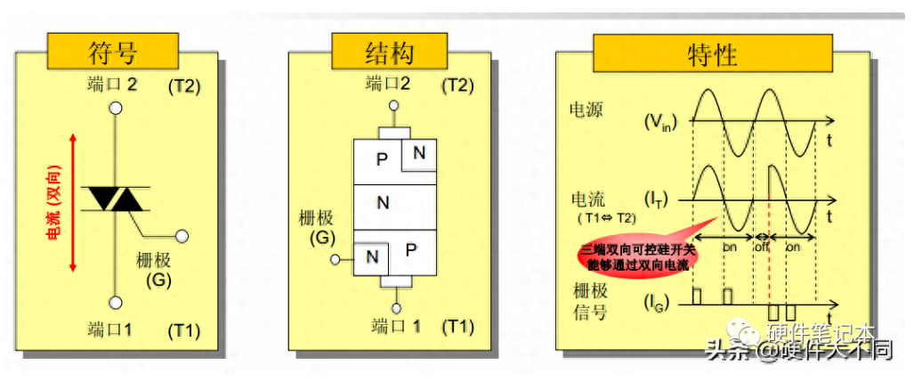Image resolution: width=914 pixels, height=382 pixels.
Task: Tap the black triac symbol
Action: (x=115, y=199)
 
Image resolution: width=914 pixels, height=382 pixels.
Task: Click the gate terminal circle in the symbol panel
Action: (x=182, y=237)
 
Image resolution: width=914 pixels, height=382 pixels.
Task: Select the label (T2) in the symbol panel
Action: (x=184, y=86)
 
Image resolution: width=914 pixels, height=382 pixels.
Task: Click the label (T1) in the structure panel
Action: (x=457, y=326)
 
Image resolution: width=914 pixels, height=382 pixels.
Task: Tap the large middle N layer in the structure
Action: (x=383, y=203)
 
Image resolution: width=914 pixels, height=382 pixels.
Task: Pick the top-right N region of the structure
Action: (x=418, y=153)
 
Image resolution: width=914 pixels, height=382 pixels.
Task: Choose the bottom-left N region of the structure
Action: (x=372, y=258)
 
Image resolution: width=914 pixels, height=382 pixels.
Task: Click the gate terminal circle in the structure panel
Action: (x=336, y=261)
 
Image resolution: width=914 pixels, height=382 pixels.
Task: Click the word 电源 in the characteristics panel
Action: (x=586, y=110)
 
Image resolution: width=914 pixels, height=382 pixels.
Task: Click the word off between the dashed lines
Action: (x=761, y=246)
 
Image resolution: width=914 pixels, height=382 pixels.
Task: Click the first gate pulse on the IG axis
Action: (x=697, y=295)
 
